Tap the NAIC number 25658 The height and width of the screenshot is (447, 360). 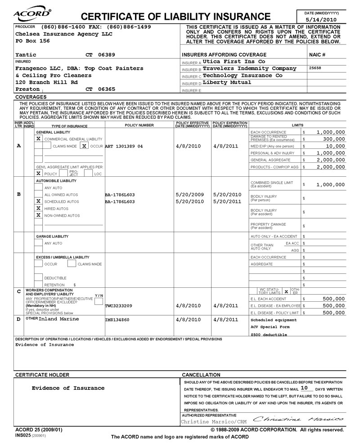tap(316, 68)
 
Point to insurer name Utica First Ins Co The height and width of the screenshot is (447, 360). tap(234, 61)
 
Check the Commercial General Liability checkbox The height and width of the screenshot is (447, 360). tap(39, 139)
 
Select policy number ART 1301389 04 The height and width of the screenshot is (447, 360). tap(124, 146)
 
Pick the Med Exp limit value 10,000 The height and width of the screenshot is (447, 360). tap(333, 146)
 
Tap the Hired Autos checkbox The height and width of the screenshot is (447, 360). tap(39, 209)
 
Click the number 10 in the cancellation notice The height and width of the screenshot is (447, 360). tap(305, 388)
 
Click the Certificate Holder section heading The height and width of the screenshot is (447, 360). tap(42, 375)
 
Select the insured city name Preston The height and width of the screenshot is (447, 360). tap(27, 89)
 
